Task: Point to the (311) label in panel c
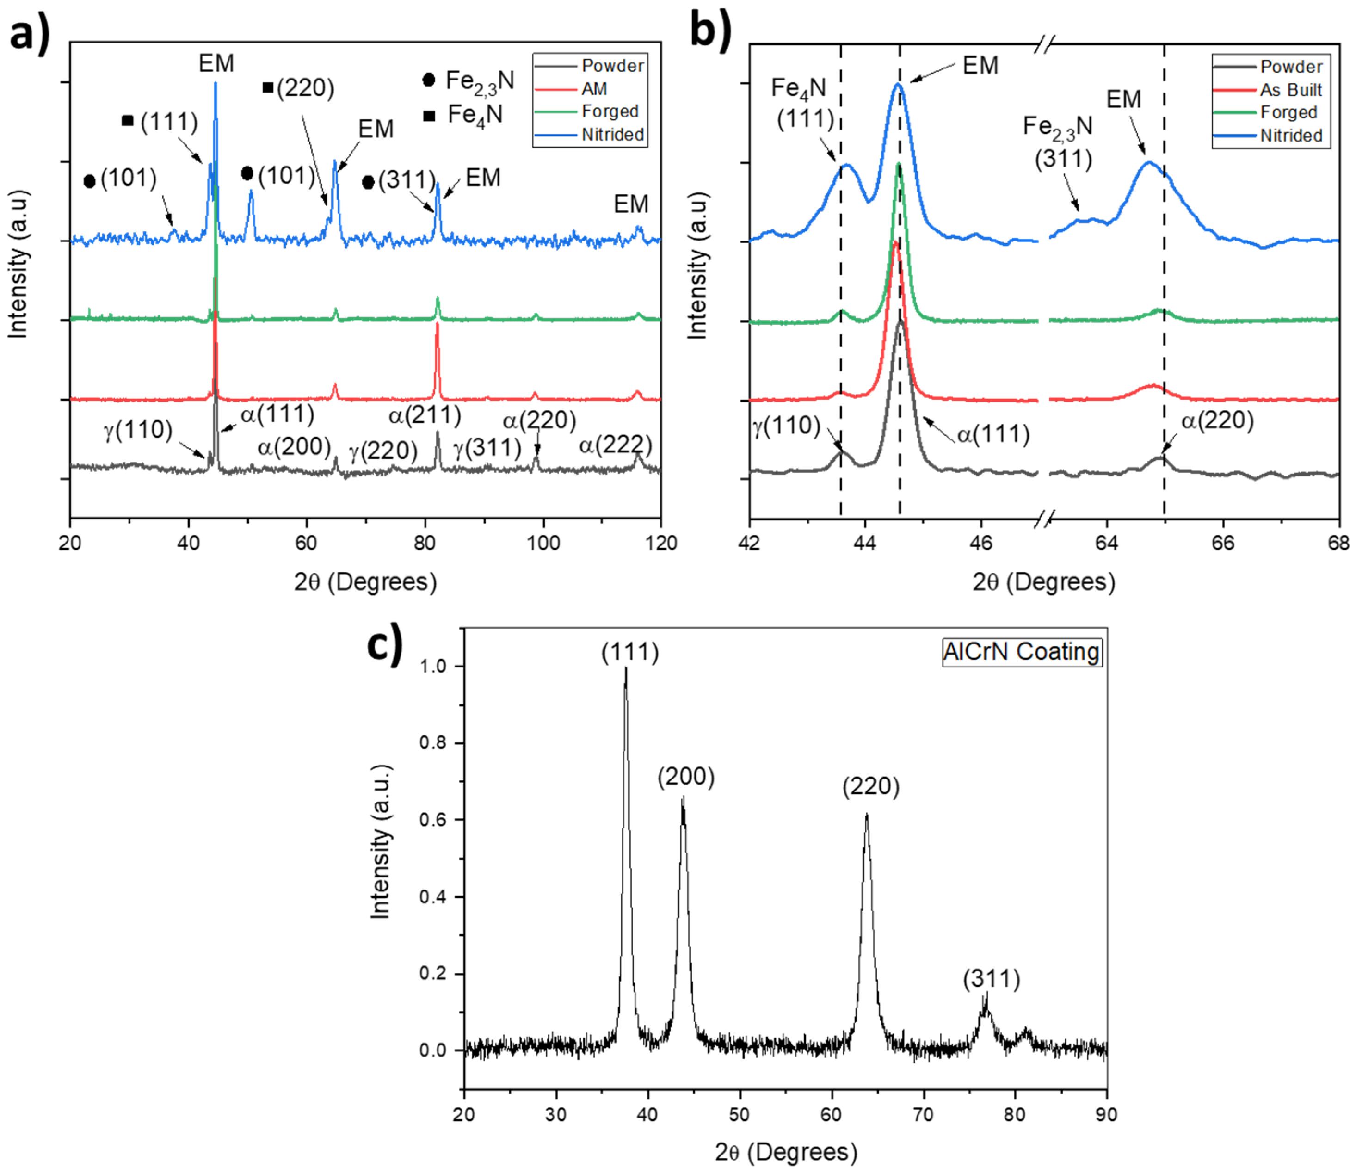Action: [991, 979]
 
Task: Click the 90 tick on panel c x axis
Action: [1106, 1114]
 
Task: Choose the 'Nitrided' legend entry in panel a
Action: [612, 134]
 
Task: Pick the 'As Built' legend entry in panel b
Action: [1290, 90]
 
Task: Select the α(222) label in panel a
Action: [616, 445]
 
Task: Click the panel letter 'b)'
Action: [711, 30]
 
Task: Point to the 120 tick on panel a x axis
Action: [661, 543]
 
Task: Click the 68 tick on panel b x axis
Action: [1338, 543]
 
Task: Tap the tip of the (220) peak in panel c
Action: [867, 814]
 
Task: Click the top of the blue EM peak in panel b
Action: [898, 84]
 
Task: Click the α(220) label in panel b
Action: [1217, 420]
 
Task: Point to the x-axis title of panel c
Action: [785, 1152]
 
